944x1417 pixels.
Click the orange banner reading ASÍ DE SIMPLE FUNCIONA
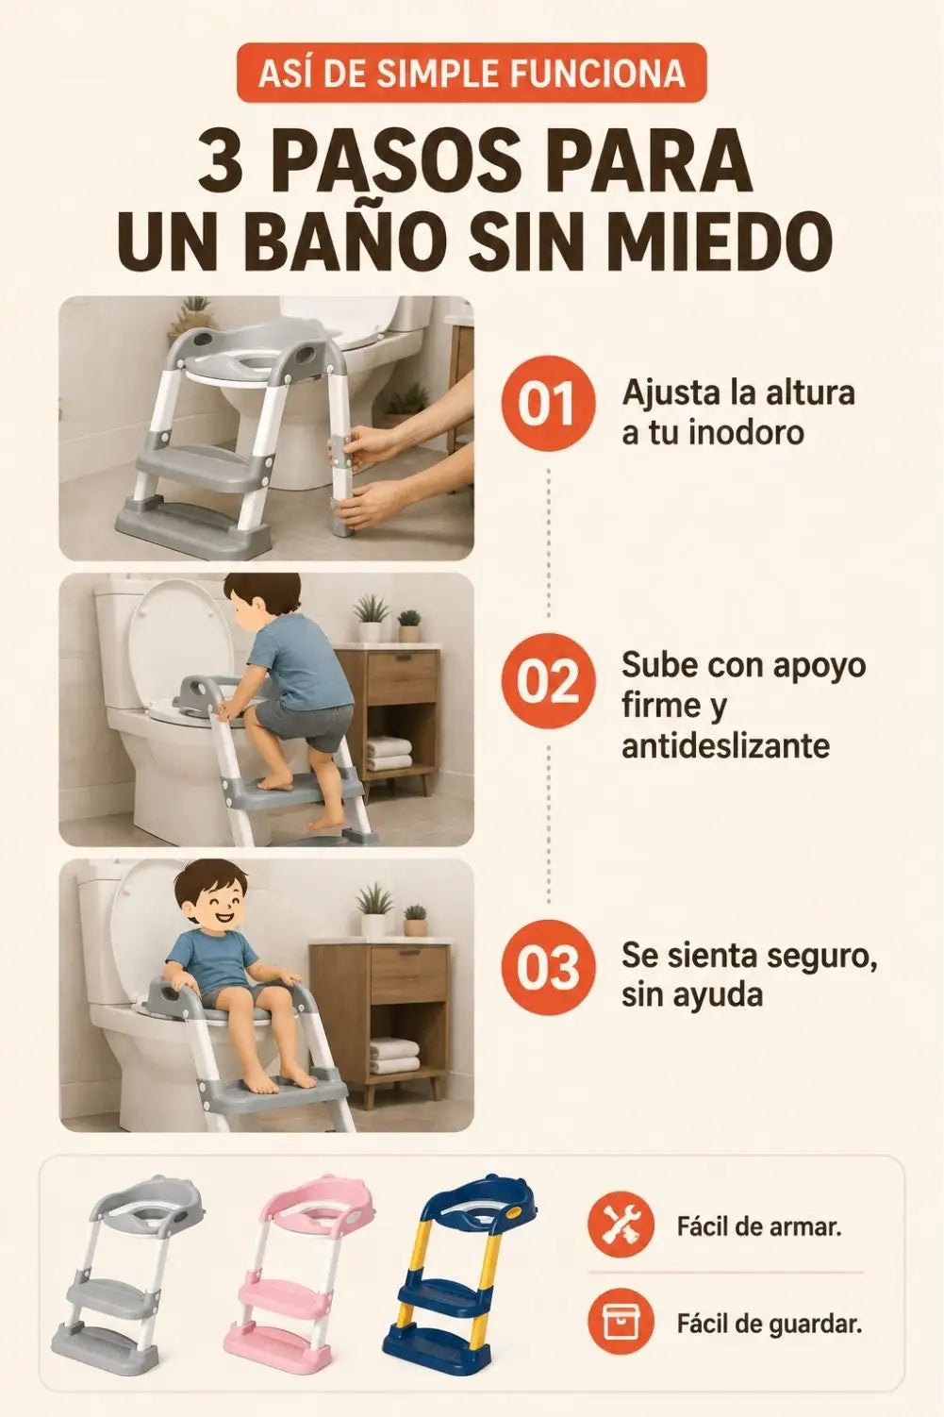[x=471, y=73]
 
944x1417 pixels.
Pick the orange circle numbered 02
[x=548, y=685]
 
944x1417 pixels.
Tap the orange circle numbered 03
[x=548, y=968]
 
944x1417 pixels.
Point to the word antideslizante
[x=725, y=746]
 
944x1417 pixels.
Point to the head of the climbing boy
[x=253, y=601]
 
